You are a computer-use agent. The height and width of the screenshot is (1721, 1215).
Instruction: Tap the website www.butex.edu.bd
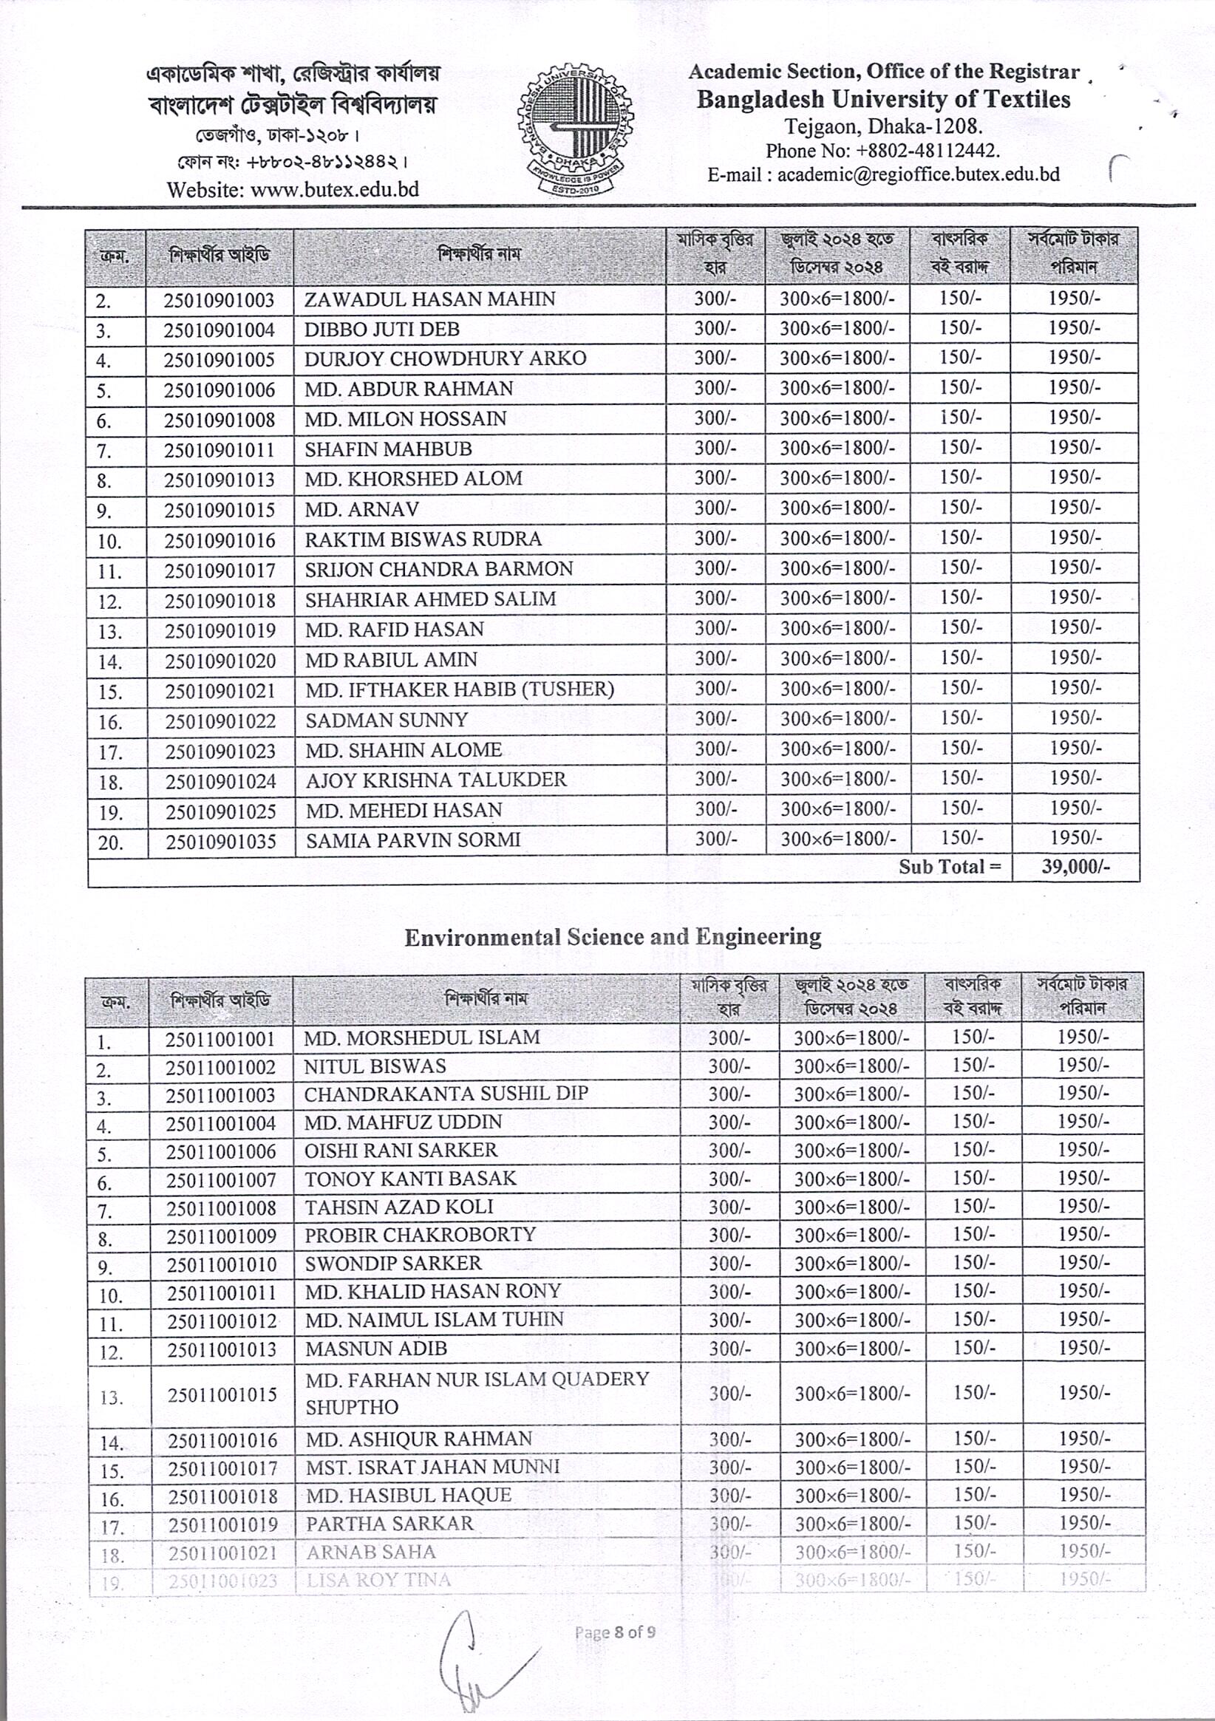(x=293, y=189)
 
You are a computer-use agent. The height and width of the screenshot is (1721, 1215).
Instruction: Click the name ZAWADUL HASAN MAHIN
(x=429, y=299)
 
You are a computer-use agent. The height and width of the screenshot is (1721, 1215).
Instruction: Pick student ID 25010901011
(x=219, y=450)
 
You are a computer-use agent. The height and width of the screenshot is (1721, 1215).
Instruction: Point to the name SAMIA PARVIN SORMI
(x=412, y=840)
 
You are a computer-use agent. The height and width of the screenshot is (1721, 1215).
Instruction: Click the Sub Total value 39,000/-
(x=1075, y=868)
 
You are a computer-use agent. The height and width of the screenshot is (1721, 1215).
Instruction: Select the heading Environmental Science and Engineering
(x=613, y=937)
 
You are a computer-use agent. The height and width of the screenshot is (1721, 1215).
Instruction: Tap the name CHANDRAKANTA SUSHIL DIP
(x=446, y=1094)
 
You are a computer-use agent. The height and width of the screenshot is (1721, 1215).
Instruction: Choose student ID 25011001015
(x=222, y=1395)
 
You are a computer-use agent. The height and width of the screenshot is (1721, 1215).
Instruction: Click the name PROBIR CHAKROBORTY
(x=420, y=1235)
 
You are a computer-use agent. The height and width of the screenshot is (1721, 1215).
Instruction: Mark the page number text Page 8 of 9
(x=615, y=1632)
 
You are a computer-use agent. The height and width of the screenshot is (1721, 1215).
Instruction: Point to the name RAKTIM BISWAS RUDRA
(x=423, y=539)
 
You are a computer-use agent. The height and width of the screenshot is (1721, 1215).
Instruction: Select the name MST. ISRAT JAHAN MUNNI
(x=432, y=1467)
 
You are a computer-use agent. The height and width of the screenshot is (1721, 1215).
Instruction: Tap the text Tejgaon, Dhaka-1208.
(x=883, y=125)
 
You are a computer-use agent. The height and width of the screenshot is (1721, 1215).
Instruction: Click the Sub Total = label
(x=950, y=868)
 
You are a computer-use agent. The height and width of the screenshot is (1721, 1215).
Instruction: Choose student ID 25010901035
(x=221, y=842)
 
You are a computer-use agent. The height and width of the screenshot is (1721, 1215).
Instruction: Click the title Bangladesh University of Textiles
(x=883, y=100)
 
